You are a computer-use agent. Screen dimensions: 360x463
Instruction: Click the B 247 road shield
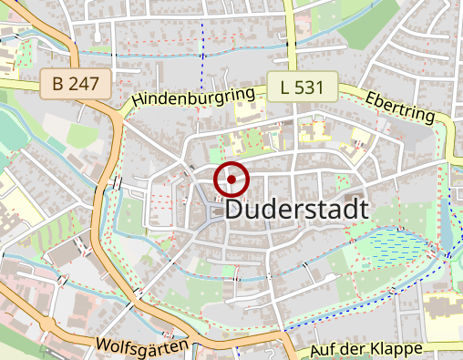(77, 86)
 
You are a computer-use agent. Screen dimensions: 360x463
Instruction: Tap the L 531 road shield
(304, 87)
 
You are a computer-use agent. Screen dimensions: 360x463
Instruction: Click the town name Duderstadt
(296, 209)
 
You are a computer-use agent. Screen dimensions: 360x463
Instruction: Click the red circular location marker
(231, 180)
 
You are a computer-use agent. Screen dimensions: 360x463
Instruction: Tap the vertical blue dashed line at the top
(201, 41)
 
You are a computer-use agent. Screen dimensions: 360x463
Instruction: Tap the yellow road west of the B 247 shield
(18, 85)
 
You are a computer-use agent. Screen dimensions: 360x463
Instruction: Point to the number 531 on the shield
(313, 87)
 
